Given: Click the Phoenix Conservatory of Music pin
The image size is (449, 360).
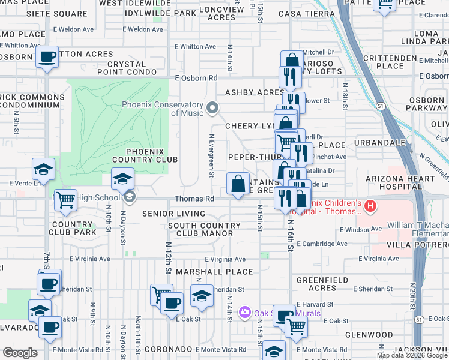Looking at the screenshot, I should [x=212, y=108].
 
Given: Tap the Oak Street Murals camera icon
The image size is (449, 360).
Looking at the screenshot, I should [x=244, y=313].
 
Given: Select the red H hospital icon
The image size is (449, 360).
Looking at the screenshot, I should [x=370, y=206].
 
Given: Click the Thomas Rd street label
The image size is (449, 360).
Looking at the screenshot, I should [x=194, y=199].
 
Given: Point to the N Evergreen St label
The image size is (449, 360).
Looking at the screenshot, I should [x=212, y=155].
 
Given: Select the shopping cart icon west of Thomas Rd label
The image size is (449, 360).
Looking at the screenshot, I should [x=65, y=200].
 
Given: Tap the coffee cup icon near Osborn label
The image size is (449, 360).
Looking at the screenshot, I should [x=46, y=58].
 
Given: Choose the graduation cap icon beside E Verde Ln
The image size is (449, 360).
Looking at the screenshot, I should [x=43, y=169].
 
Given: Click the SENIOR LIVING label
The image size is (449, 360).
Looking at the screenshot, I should [x=173, y=214].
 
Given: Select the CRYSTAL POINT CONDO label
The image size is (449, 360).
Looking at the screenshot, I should [x=135, y=68].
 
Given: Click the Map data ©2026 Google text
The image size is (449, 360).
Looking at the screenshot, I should [x=412, y=355].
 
